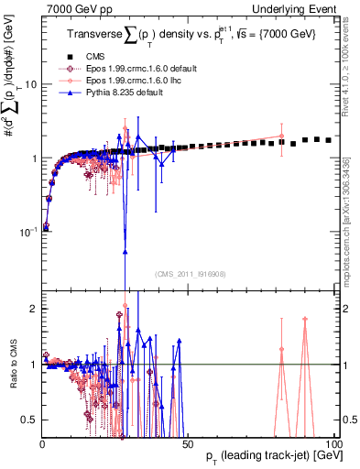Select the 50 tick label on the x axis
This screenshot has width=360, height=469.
point(187,443)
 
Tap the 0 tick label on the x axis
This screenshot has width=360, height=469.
point(42,443)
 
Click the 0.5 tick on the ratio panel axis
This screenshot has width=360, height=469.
point(29,420)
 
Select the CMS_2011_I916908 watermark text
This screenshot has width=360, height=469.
point(190,274)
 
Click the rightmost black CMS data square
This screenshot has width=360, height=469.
point(328,140)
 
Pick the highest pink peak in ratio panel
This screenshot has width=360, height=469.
point(304,319)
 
